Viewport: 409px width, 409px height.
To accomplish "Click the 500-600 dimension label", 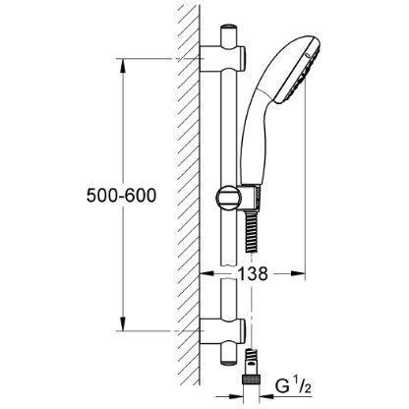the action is (121, 196).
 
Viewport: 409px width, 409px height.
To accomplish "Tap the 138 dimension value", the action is (252, 273).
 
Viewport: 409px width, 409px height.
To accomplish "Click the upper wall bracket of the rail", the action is (222, 59).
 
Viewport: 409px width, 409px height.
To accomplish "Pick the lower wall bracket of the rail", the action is (222, 331).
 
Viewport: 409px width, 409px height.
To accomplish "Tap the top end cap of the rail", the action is (229, 28).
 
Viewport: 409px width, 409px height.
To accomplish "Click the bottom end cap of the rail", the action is (229, 363).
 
